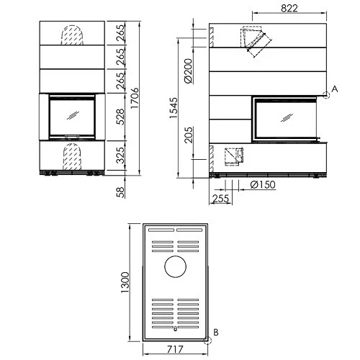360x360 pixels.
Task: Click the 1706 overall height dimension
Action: point(135,98)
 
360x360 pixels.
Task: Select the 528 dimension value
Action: point(120,117)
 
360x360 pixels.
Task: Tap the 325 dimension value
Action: point(120,156)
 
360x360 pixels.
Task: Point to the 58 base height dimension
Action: point(120,192)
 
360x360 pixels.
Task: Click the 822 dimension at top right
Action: point(289,9)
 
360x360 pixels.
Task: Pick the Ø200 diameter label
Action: point(189,71)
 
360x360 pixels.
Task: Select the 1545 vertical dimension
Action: point(174,108)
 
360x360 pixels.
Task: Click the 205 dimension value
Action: point(189,135)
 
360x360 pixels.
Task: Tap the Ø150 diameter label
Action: point(263,184)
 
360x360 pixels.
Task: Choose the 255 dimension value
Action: point(221,199)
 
